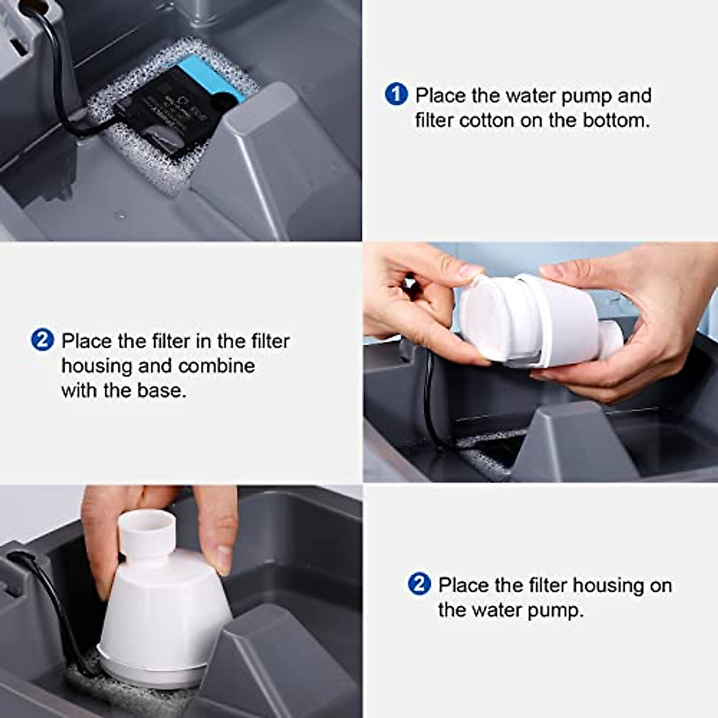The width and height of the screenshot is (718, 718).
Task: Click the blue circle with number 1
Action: [x=396, y=95]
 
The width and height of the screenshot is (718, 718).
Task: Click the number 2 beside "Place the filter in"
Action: [x=42, y=340]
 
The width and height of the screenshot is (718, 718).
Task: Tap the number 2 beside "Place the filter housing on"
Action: [x=419, y=584]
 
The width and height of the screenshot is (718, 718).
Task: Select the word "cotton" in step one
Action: [x=486, y=120]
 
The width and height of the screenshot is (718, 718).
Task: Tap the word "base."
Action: [x=162, y=391]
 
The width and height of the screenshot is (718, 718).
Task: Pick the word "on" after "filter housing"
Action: [x=660, y=585]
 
